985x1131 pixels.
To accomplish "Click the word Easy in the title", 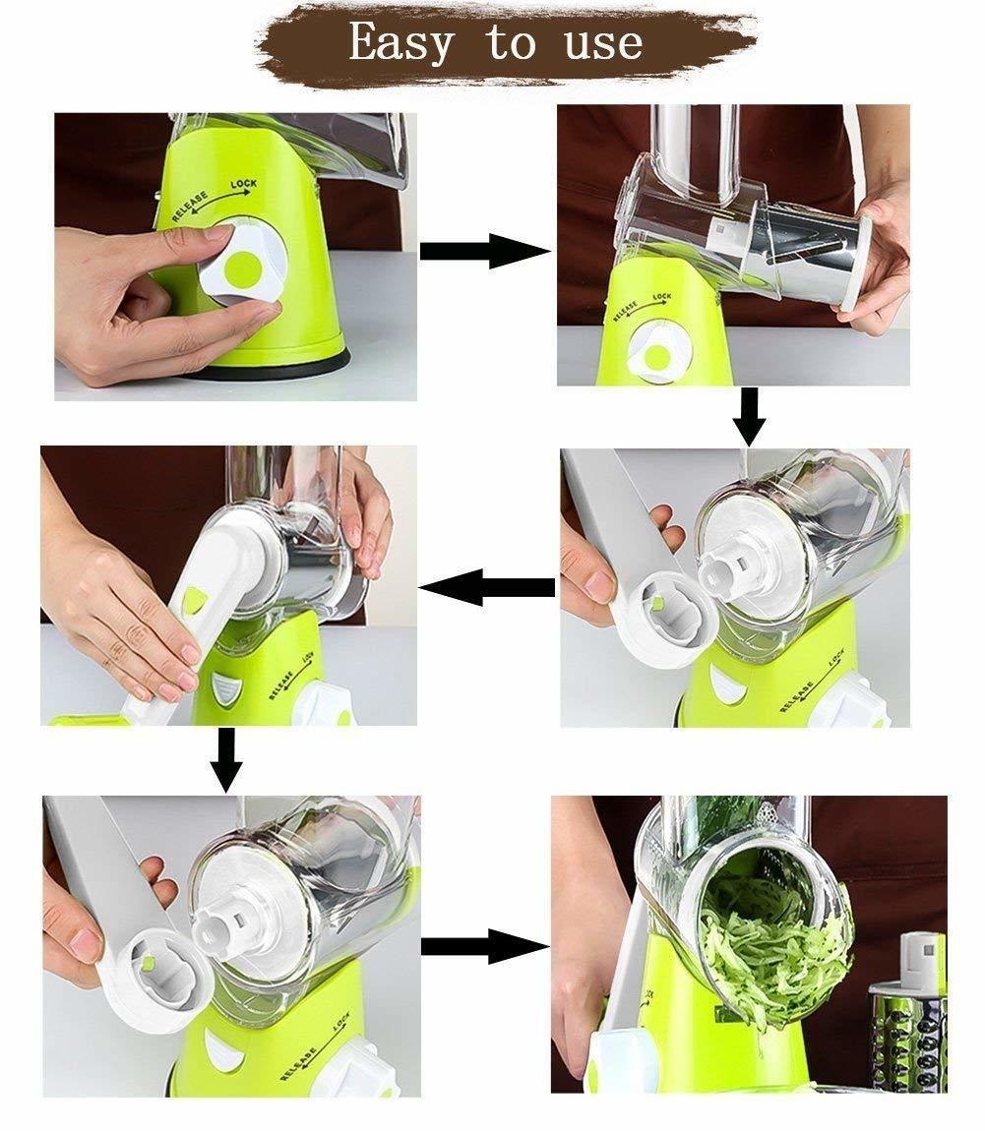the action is pos(401,42).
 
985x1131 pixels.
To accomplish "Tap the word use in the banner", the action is pos(603,44).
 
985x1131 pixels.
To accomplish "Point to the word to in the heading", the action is pos(511,43).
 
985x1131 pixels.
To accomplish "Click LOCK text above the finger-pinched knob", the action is pos(244,185).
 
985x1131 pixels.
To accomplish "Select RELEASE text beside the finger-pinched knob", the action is pos(190,207).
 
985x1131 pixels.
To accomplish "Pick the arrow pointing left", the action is pos(487,587).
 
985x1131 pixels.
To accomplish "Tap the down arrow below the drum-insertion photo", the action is pos(750,417).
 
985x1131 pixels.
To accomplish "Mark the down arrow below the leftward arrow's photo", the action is pos(226,760).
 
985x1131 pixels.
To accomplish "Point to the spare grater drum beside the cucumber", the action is pos(908,1012).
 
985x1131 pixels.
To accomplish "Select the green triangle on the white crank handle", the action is pos(194,597).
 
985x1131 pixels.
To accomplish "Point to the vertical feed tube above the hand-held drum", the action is pos(693,147).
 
